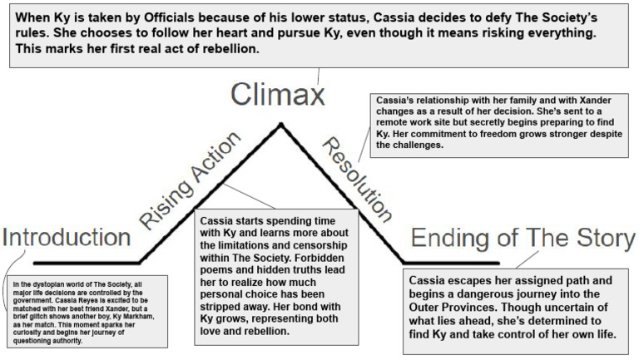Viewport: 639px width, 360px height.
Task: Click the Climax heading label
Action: (x=278, y=95)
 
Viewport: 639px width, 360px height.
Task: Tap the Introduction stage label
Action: (x=67, y=237)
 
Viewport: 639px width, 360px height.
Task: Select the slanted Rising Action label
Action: (x=190, y=180)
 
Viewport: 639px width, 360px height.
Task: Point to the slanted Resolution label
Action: (x=357, y=180)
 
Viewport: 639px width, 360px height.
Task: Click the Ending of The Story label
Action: (x=523, y=238)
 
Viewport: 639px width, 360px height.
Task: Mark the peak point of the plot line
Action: (x=280, y=124)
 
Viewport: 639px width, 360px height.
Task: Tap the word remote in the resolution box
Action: (x=392, y=122)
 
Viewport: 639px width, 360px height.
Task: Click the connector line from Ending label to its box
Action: (x=527, y=259)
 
